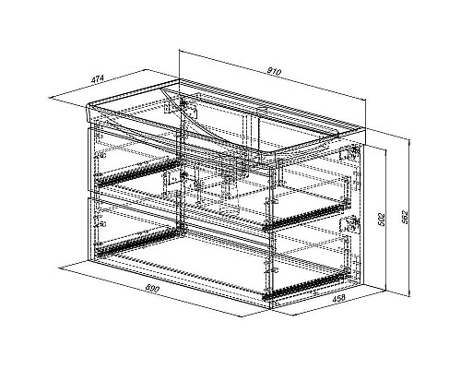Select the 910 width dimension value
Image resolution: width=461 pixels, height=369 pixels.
click(274, 72)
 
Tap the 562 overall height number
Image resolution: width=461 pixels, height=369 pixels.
click(406, 217)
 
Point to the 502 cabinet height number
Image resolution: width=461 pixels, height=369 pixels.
click(381, 220)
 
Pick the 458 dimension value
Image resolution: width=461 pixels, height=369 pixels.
click(338, 298)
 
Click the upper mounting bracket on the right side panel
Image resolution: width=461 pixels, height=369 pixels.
click(349, 154)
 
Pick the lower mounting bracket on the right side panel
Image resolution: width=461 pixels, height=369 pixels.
click(349, 224)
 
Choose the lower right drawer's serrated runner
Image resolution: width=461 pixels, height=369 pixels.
click(304, 285)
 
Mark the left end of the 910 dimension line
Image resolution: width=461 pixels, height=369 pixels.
click(180, 50)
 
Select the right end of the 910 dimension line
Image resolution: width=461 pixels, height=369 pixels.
click(366, 100)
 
